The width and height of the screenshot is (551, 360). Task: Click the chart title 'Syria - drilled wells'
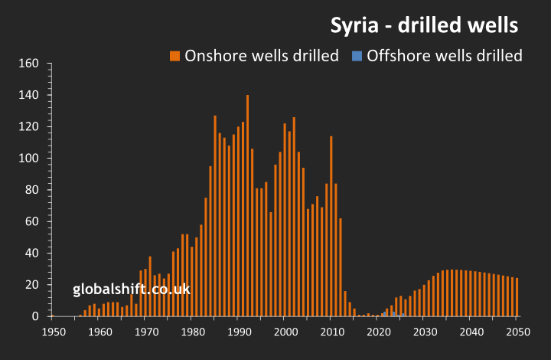(x=424, y=25)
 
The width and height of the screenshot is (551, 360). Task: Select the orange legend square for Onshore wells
(x=175, y=55)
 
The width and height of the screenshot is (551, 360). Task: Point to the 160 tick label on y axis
(x=28, y=64)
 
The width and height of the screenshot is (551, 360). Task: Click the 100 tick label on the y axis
(x=28, y=159)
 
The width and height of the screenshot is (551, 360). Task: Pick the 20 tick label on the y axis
(x=31, y=285)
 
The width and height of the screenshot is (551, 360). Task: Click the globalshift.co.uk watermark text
(x=132, y=290)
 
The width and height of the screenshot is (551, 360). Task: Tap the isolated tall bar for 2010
(x=331, y=226)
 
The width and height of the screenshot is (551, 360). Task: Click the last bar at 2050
(x=517, y=297)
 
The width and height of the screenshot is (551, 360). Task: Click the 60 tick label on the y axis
(x=31, y=221)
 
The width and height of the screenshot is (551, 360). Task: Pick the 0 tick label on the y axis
(x=35, y=316)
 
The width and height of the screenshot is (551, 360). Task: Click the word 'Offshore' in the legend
(x=396, y=55)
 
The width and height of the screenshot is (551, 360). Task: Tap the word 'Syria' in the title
(x=353, y=25)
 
